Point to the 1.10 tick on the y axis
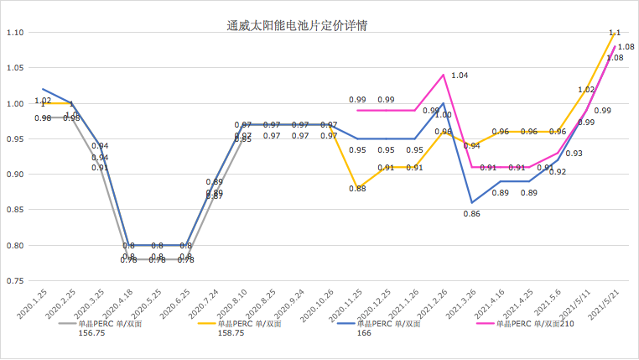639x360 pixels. click(x=14, y=33)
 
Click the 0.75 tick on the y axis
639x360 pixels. click(x=14, y=281)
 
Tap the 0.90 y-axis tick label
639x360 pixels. click(x=14, y=175)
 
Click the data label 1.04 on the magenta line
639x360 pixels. click(x=460, y=76)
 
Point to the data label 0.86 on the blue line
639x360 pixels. click(x=472, y=214)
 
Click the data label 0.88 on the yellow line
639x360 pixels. click(x=357, y=188)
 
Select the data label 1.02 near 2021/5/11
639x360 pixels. click(x=586, y=89)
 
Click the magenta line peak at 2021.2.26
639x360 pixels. click(x=443, y=75)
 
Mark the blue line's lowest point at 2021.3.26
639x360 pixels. click(x=472, y=202)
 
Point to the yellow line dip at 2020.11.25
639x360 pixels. click(x=357, y=189)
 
